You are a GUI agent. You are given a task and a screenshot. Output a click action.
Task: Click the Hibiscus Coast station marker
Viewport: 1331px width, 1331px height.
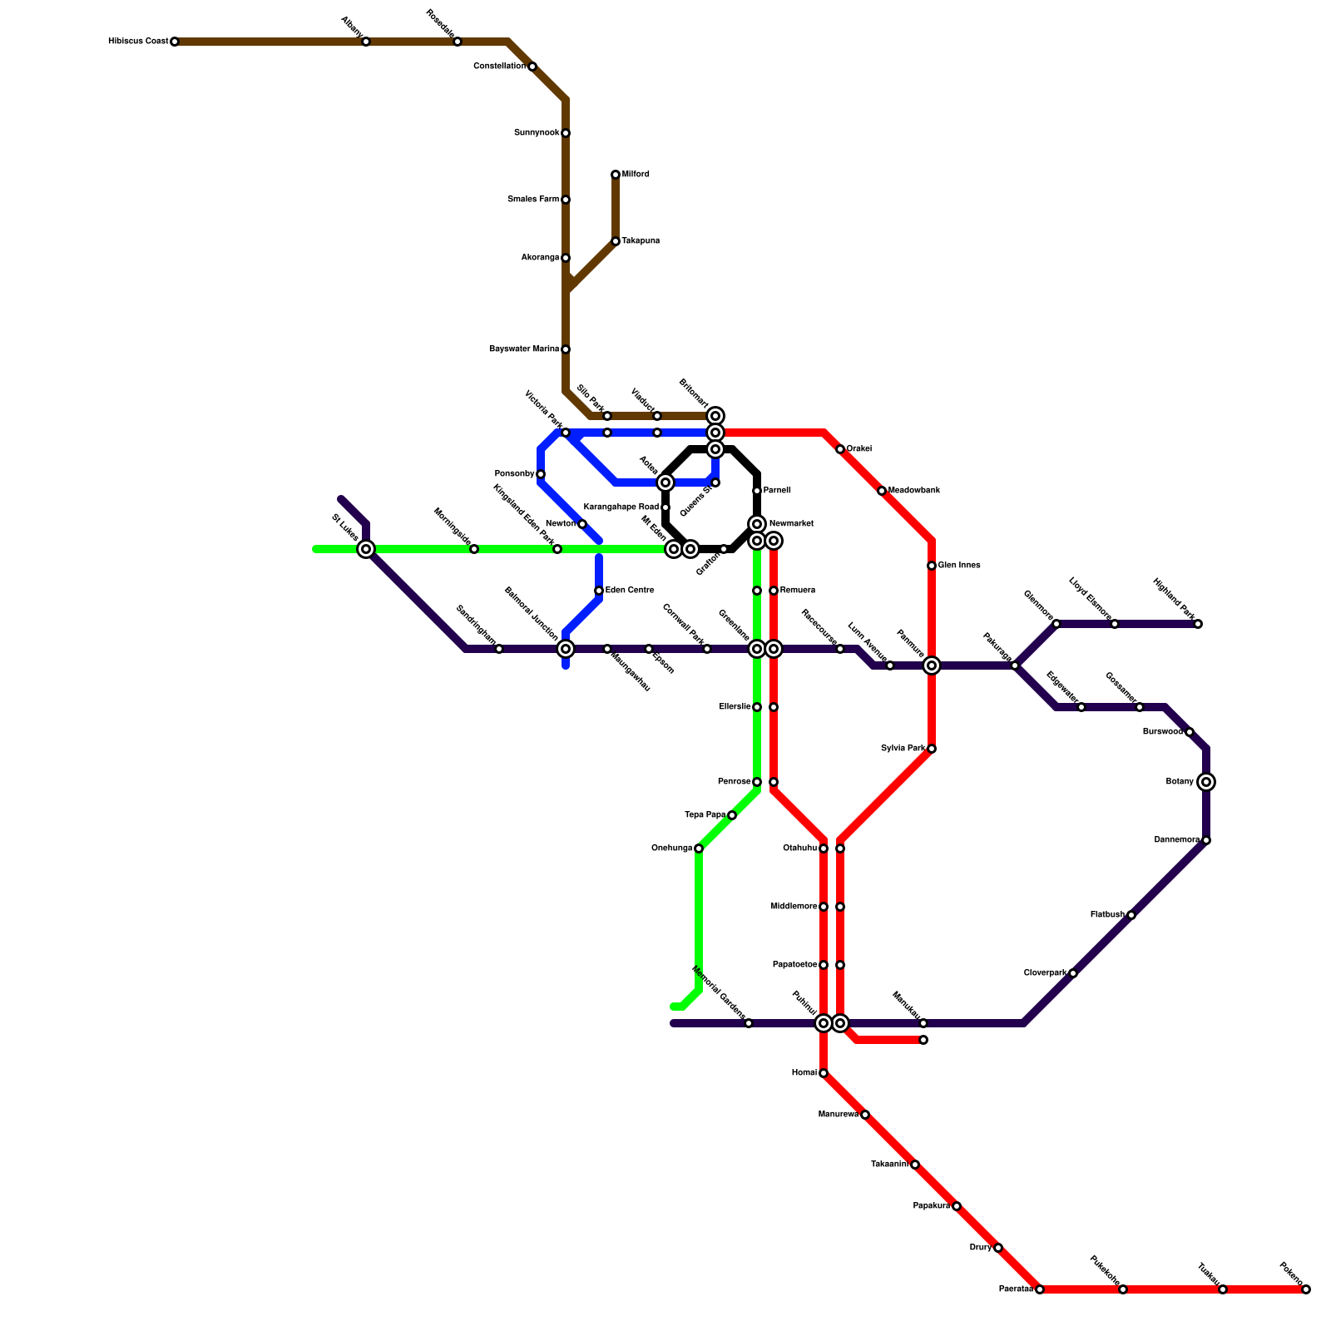(x=174, y=42)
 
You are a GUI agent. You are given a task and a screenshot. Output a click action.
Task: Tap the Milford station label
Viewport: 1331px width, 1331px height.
(x=636, y=175)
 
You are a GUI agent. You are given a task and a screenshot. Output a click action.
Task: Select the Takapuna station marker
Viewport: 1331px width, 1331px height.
(x=615, y=241)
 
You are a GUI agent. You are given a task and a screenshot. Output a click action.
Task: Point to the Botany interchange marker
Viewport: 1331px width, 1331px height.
(x=1205, y=782)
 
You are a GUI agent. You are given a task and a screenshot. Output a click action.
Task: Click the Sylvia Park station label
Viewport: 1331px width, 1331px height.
(x=903, y=749)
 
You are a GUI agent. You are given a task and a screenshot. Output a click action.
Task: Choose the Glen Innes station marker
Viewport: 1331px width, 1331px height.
(x=931, y=566)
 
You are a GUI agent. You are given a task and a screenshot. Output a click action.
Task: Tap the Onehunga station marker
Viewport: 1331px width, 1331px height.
(x=698, y=849)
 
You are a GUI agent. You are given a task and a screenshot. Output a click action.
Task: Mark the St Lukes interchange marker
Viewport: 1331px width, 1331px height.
(x=365, y=549)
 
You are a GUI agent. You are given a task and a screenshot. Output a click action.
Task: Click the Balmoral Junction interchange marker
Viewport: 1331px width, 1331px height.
(x=565, y=649)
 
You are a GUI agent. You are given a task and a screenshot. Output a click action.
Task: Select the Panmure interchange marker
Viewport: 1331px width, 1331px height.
(x=931, y=665)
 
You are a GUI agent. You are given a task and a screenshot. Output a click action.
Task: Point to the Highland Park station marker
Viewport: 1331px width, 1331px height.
(x=1197, y=624)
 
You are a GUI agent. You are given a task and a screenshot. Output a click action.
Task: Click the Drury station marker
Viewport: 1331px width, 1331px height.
(x=997, y=1248)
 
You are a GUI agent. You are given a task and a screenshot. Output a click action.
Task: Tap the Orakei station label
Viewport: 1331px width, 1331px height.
(x=859, y=449)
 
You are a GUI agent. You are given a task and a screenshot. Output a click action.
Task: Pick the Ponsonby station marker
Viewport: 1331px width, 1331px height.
(x=540, y=474)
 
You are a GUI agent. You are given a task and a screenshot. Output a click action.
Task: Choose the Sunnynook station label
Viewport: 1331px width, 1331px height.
(x=537, y=133)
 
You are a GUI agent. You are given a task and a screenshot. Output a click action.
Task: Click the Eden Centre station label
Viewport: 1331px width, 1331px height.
(x=629, y=591)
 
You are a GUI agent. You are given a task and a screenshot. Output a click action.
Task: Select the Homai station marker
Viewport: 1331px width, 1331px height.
(x=823, y=1073)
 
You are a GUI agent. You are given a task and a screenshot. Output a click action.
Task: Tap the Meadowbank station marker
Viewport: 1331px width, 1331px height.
(x=881, y=491)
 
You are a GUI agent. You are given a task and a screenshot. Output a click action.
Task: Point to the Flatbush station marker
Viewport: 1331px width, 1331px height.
(x=1131, y=915)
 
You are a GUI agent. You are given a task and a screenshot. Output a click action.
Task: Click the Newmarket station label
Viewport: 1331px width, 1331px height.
(x=791, y=524)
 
